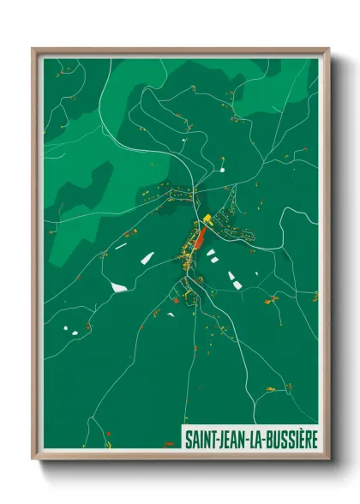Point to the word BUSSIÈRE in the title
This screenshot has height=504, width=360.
290,437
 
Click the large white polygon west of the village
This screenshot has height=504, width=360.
118,285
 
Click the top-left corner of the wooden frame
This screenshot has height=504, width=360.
33,49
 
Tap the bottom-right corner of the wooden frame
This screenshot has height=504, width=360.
328,460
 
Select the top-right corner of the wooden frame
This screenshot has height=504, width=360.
328,49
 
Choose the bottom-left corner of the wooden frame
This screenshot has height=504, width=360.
33,460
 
